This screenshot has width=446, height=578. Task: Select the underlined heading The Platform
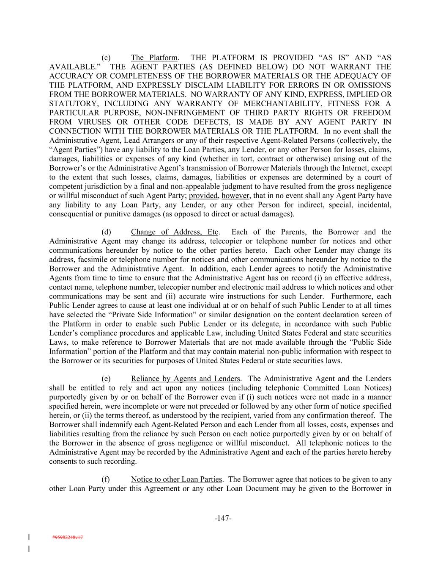coord(154,58)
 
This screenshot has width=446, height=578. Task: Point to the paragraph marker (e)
coord(106,379)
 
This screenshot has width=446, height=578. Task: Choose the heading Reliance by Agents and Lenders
coord(185,379)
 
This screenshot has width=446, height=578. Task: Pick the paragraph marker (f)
coord(106,479)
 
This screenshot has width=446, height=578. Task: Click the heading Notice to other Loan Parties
coord(176,479)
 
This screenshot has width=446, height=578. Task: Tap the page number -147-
coord(223,518)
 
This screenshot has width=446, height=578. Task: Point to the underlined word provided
coord(203,196)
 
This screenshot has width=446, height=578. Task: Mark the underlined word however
coord(235,196)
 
